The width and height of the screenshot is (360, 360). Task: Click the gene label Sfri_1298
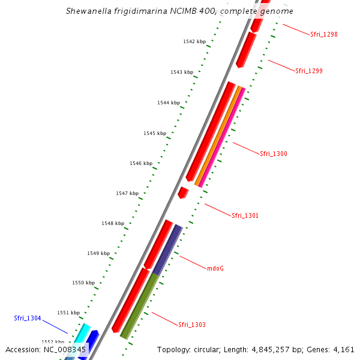324,35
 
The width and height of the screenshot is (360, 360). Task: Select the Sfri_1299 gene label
309,71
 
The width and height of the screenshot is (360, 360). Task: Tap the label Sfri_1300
274,154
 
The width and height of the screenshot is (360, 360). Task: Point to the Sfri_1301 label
245,215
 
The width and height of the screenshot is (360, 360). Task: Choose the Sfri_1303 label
192,325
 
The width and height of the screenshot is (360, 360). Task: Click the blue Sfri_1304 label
28,319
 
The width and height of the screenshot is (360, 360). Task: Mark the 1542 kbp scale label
194,42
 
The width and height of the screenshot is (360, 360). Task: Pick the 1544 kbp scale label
169,103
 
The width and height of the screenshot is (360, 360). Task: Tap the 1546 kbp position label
141,164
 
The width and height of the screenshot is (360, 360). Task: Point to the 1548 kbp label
113,224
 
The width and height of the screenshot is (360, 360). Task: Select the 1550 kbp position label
83,283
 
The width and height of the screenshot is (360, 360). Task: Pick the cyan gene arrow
82,332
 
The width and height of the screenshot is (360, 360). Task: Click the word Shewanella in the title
92,11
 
